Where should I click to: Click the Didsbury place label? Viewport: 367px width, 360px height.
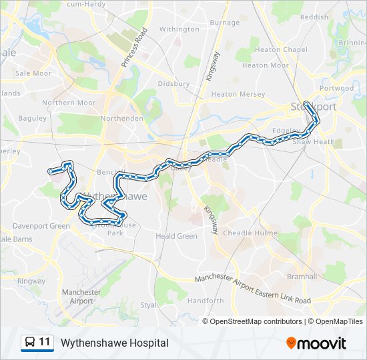174,84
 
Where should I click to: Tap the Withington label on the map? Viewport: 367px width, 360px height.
179,29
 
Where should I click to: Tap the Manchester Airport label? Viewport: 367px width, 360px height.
81,297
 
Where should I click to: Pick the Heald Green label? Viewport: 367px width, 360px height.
176,236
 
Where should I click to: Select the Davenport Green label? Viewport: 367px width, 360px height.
41,226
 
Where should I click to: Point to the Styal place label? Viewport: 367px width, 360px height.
148,305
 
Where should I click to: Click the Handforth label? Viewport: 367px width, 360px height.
206,301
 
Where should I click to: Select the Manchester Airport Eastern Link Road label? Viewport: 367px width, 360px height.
253,290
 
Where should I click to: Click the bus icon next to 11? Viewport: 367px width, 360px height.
30,343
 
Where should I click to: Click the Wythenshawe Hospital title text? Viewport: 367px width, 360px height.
114,343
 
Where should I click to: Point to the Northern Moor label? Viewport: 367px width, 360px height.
69,103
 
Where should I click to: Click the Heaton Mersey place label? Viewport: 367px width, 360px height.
238,95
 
